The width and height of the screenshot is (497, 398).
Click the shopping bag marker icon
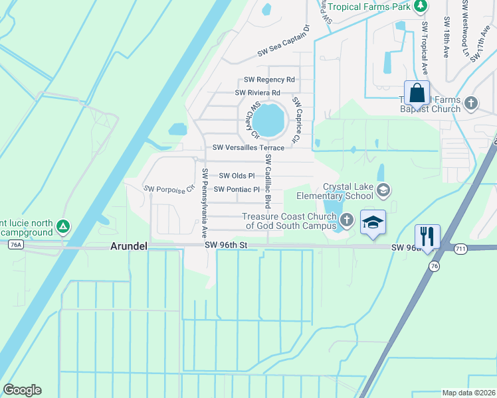417,93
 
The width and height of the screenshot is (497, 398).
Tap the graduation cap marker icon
373,222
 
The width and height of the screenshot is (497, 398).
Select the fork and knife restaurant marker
427,235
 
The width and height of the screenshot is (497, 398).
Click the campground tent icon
63,227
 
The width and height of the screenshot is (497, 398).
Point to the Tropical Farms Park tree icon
419,7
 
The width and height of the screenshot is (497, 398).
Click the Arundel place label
129,246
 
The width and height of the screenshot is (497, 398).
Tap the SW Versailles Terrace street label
248,148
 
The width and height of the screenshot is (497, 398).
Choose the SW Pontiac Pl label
237,190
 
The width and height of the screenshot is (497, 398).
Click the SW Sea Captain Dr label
284,42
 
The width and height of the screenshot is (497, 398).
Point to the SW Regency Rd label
269,79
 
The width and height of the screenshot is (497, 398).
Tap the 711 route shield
460,249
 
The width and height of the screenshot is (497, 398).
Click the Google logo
22,390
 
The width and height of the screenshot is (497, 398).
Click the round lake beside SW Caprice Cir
269,119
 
